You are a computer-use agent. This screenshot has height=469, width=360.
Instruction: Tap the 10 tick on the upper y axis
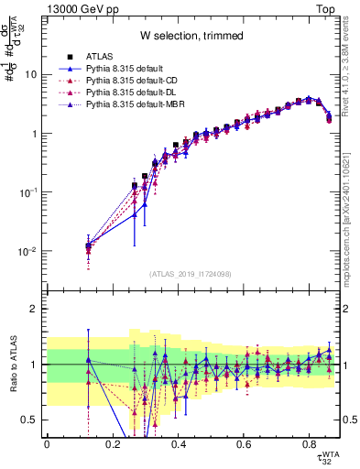point(32,75)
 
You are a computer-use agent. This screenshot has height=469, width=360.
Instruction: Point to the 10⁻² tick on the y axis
point(30,252)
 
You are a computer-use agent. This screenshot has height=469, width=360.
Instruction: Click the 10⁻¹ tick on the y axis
point(30,193)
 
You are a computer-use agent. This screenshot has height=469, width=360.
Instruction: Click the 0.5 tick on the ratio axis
point(32,420)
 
